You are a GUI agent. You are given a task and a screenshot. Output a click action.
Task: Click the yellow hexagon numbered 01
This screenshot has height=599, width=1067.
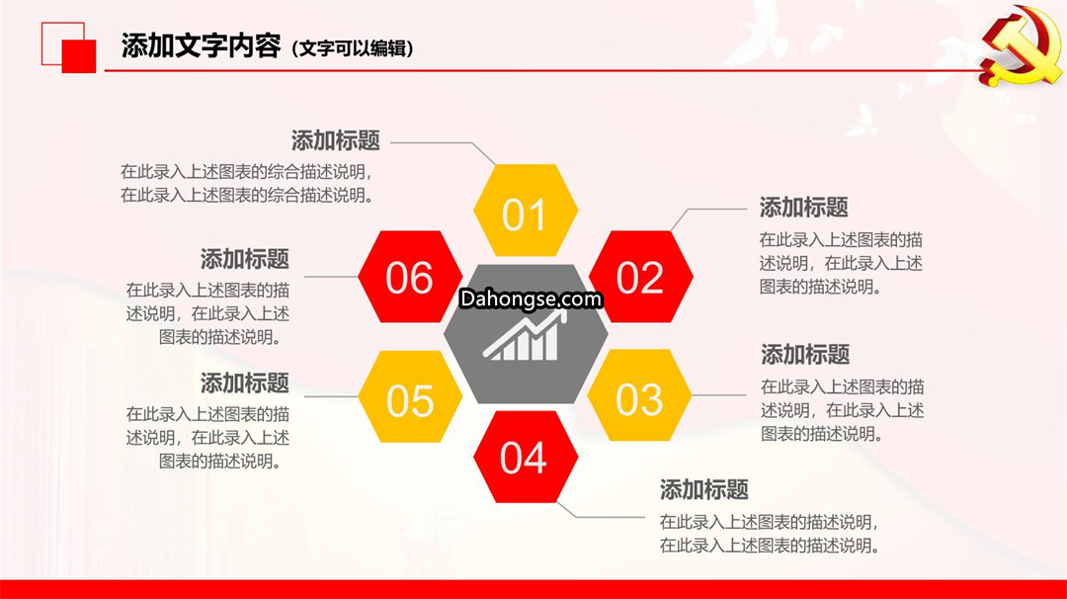pos(526,211)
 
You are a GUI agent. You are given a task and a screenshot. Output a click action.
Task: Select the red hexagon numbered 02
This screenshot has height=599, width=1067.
pos(640,277)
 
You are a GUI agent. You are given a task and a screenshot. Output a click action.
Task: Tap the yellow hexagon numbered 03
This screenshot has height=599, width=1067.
pos(639,395)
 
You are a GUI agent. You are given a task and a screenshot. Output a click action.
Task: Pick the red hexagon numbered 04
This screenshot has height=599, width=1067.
pos(526,457)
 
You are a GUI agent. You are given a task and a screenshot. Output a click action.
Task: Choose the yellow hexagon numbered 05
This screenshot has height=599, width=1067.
pos(410,396)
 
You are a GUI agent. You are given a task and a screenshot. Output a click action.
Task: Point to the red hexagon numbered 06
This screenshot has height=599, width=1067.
pos(410,277)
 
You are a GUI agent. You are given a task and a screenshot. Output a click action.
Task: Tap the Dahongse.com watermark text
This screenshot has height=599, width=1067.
pos(531,299)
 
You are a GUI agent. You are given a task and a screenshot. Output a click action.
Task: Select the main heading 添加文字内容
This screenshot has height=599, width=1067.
pos(201,46)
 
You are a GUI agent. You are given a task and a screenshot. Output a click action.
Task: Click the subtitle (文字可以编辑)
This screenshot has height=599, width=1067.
pos(353,48)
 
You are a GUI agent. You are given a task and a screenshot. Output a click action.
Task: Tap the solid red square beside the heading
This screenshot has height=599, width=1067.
pos(79,55)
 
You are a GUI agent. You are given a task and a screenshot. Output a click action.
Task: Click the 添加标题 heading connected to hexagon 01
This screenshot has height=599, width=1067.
pos(336,141)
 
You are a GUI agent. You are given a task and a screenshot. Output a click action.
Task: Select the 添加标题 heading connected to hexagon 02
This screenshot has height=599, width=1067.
pos(803,208)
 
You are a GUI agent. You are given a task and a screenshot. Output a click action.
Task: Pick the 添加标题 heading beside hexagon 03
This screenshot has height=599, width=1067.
pos(805,355)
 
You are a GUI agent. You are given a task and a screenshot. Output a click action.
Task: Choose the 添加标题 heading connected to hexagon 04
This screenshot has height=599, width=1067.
pos(703,489)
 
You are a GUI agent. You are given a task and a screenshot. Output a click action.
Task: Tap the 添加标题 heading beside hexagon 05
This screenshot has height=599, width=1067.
pos(245,384)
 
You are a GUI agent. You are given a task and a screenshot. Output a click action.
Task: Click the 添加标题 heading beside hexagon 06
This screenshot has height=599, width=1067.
pos(245,259)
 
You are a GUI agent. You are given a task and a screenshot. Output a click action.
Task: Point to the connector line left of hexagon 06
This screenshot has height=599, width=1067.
pos(331,277)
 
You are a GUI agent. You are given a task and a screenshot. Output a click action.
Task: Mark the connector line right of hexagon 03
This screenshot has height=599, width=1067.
pos(718,394)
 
